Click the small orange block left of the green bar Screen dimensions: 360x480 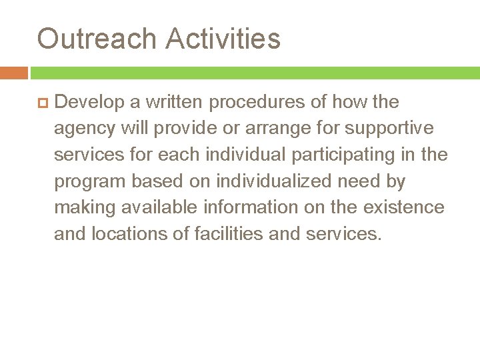point(13,73)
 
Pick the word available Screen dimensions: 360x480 point(159,207)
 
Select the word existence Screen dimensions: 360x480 point(404,207)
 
